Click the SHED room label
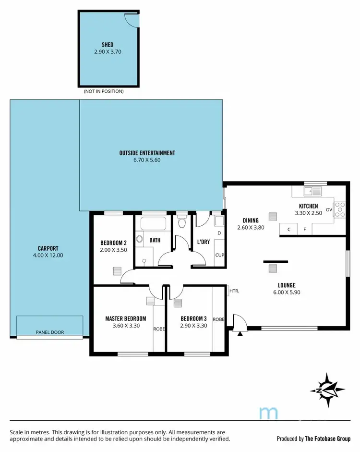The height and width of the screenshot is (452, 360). coord(108,44)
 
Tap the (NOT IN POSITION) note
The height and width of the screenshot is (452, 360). coord(103,91)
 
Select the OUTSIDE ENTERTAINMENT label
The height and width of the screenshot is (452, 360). coord(147,153)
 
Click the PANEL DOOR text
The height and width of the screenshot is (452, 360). coord(50,332)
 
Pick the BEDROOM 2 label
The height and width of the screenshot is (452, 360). coord(113,243)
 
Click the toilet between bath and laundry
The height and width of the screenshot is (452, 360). coord(181,222)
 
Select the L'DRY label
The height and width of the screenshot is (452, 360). coord(204,242)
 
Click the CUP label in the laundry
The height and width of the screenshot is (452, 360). coord(219,255)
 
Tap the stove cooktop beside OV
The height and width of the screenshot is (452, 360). coord(339,209)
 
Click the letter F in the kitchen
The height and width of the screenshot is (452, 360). coord(304,230)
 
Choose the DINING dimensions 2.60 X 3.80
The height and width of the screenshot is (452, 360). coord(251,228)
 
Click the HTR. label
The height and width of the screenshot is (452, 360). coord(234,291)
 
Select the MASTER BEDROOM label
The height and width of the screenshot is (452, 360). coord(125,318)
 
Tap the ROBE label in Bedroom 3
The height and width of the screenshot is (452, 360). coord(218,319)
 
